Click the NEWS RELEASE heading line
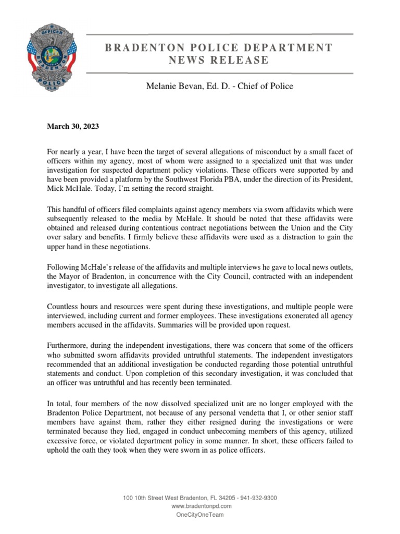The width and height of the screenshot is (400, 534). pos(218,60)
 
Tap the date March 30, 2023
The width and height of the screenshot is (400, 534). pos(73,127)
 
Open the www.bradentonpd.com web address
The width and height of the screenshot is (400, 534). pos(201,506)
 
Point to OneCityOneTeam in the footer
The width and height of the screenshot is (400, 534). pos(201,514)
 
